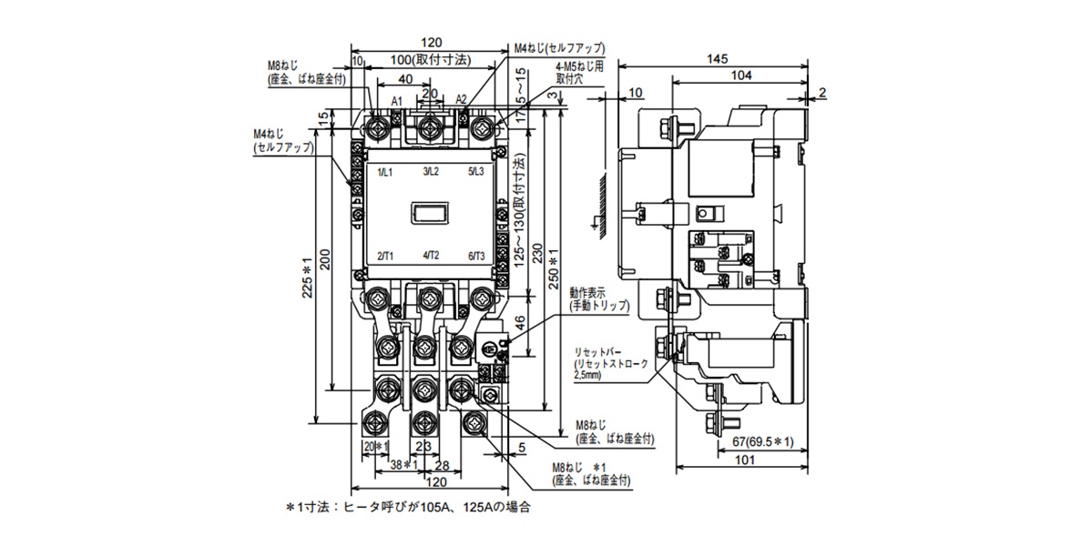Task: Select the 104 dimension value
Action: pos(740,76)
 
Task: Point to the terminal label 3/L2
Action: pos(431,172)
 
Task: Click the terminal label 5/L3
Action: pos(477,172)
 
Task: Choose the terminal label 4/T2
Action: pos(431,257)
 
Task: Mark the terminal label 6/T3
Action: pos(477,257)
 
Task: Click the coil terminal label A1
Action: pos(397,100)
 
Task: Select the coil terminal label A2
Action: pos(461,100)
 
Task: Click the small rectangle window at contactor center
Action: pos(430,213)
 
